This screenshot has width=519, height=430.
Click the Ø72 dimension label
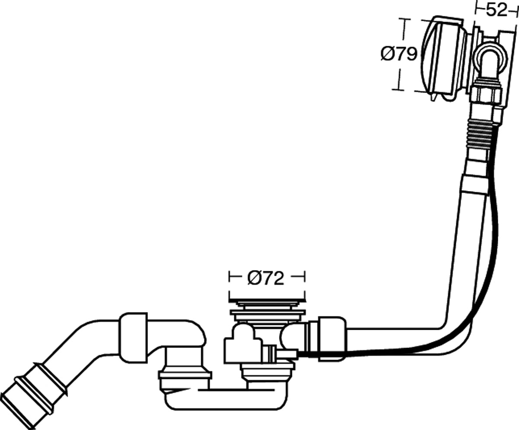click(266, 278)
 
